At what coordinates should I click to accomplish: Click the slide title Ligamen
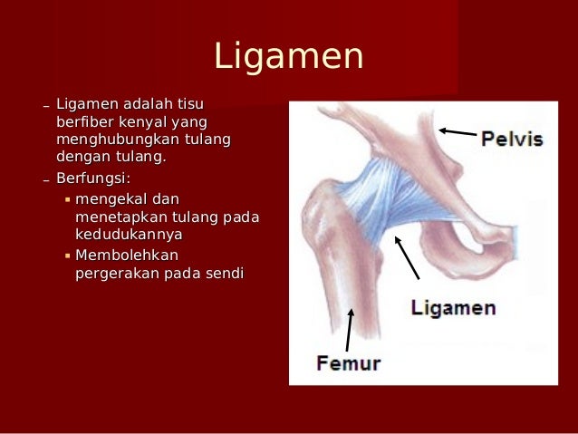click(288, 57)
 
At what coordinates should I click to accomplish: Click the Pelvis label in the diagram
click(512, 140)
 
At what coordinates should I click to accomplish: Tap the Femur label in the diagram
click(349, 364)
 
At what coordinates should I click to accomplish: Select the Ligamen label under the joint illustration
click(453, 308)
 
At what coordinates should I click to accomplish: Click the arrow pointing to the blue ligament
click(406, 257)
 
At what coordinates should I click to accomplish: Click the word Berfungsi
click(93, 178)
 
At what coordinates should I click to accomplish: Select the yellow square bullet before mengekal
click(67, 198)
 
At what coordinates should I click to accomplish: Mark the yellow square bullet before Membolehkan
click(67, 256)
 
